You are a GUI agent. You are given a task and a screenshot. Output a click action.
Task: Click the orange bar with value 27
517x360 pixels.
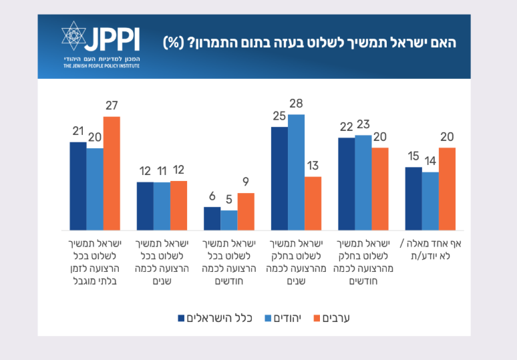pos(112,173)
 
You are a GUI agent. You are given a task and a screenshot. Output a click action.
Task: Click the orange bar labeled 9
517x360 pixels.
pos(246,211)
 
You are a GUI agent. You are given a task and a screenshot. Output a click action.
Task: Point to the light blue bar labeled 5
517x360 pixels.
pos(229,220)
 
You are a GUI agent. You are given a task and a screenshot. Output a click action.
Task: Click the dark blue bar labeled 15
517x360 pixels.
pos(413,198)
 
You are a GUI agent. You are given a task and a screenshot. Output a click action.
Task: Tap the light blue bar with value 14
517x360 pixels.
pos(430,201)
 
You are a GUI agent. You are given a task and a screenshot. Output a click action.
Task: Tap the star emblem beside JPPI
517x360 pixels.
pos(75,38)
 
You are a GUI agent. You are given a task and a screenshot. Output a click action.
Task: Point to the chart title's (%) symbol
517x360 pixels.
pos(174,41)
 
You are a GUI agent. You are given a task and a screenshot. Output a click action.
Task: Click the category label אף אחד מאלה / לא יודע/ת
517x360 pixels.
pos(430,249)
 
